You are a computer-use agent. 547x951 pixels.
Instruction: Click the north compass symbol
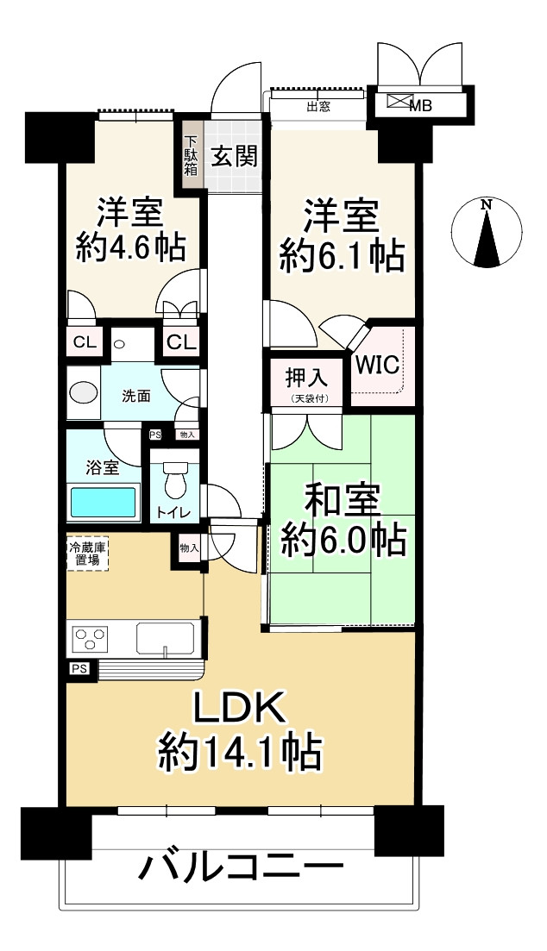(487, 233)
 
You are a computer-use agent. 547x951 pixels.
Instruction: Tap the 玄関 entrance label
(235, 156)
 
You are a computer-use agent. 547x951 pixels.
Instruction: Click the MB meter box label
(420, 106)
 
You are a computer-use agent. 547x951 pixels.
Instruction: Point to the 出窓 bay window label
(318, 108)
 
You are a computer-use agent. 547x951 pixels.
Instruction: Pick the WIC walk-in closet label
(377, 365)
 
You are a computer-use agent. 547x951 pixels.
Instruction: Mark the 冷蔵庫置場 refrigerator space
(87, 553)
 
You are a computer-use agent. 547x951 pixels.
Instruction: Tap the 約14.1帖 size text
(240, 750)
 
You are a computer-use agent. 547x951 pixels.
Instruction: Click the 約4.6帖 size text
(130, 247)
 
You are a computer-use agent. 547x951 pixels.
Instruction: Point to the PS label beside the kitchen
(79, 669)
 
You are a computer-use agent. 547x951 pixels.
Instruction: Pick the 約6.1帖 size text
(341, 254)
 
